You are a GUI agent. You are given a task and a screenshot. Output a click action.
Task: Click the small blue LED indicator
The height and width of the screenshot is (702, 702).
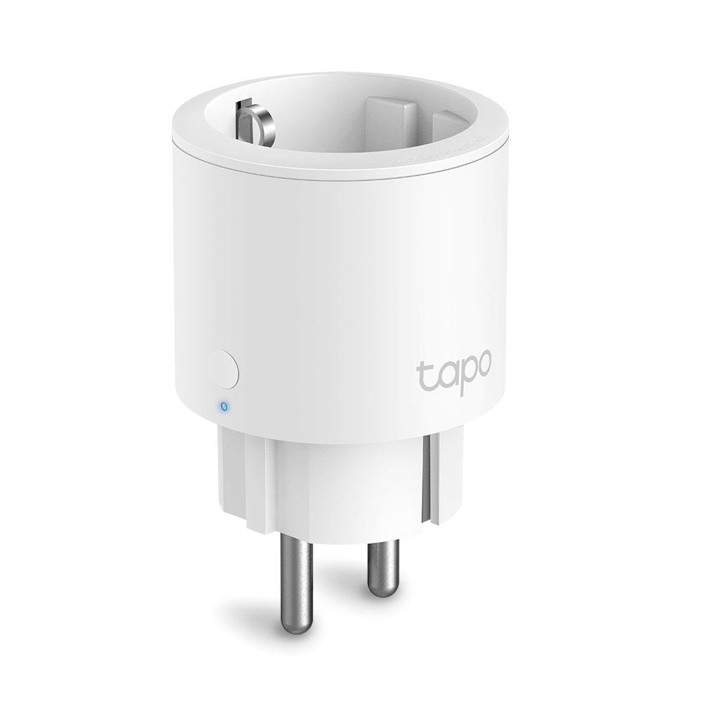(x=223, y=405)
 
